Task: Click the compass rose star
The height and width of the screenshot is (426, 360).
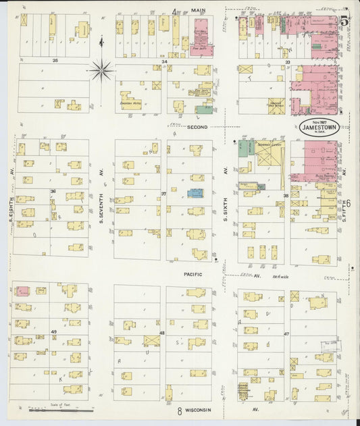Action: tap(101, 68)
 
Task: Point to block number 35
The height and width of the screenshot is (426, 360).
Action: tap(55, 61)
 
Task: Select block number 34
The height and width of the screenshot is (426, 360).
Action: tap(164, 61)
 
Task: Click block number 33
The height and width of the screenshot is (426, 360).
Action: tap(288, 61)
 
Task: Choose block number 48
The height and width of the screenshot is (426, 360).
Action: tap(163, 333)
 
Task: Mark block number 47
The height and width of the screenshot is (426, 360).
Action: tap(286, 334)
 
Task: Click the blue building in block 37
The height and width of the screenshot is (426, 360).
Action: tap(195, 193)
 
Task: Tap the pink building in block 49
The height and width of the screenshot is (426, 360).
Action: tap(22, 291)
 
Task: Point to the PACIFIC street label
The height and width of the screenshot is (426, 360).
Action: tap(193, 275)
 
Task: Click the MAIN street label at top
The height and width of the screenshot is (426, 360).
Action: tap(198, 10)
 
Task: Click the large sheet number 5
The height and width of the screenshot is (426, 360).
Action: tap(344, 21)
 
